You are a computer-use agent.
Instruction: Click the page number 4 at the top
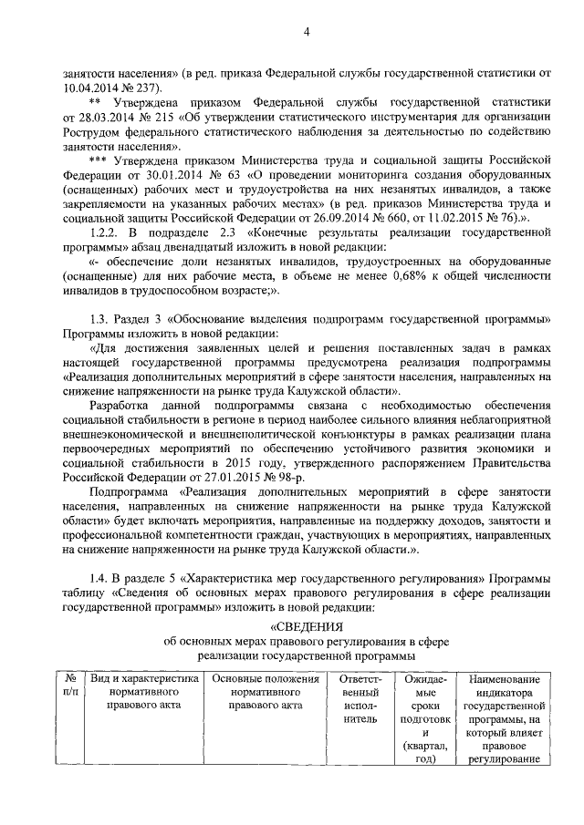(x=308, y=34)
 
